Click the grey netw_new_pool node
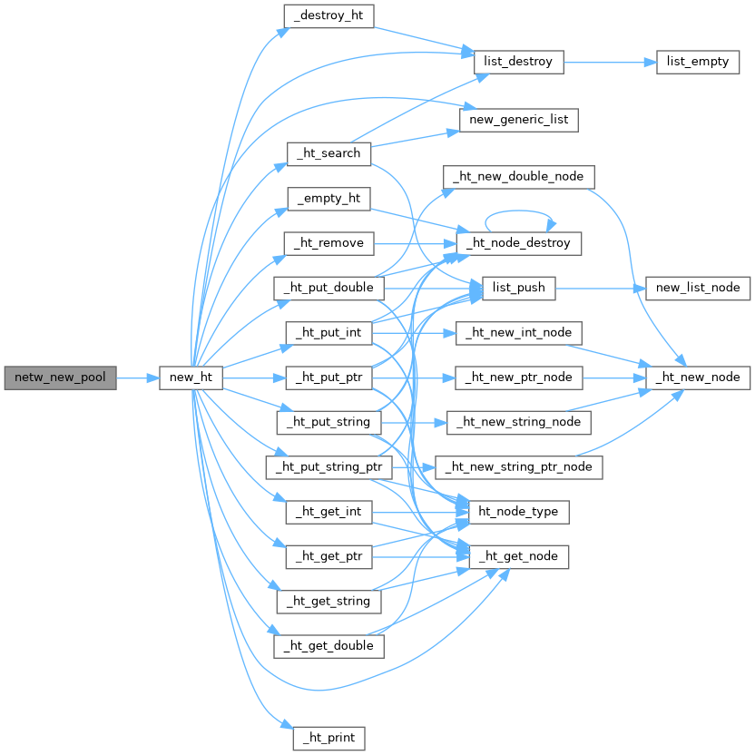60,377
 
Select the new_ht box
191,377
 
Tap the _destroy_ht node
328,15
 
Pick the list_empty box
698,63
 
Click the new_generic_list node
519,120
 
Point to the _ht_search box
328,153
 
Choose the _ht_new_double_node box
518,176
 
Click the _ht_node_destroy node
518,243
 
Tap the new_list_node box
697,289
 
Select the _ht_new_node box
697,377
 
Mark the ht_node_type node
518,512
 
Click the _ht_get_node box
518,556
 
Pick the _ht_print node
328,738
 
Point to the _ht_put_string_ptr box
328,467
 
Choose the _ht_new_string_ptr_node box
518,467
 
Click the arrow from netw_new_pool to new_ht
138,377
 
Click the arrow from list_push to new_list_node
599,289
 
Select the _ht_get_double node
328,646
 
